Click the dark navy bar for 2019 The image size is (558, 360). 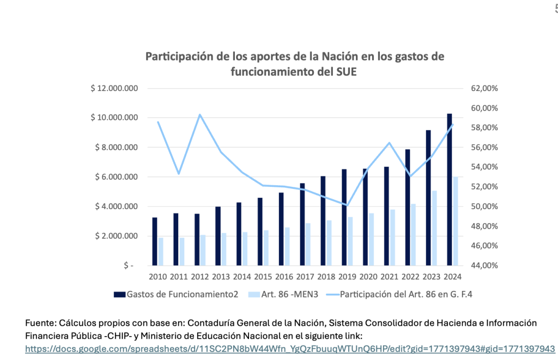point(344,217)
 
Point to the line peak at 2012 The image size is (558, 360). point(200,114)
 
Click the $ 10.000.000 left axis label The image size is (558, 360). point(114,118)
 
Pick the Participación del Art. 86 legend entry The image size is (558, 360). point(391,295)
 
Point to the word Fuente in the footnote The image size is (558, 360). point(39,323)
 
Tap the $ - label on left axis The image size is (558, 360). point(129,266)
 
